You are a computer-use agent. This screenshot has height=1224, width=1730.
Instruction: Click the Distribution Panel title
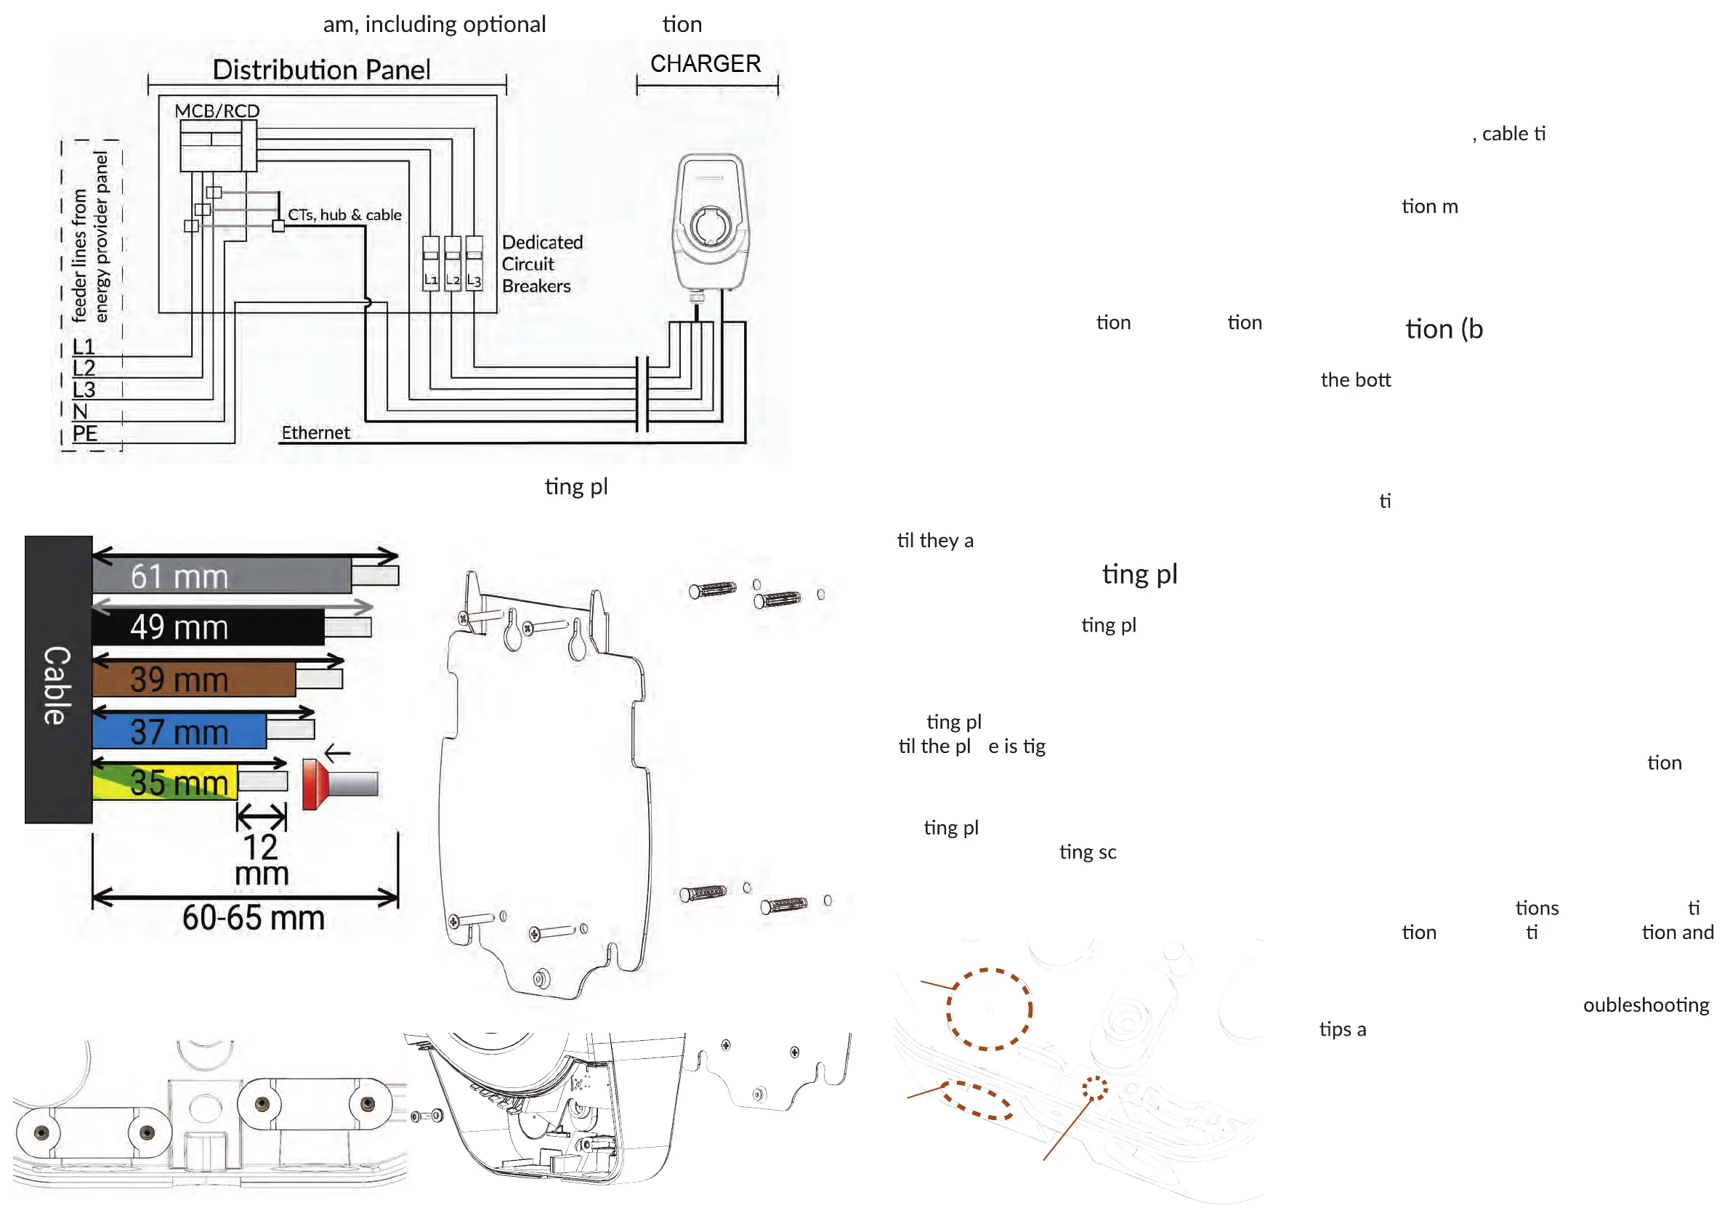321,69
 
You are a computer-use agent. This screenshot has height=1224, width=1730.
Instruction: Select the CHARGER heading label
706,64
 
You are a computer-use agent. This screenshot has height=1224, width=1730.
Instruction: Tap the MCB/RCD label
217,110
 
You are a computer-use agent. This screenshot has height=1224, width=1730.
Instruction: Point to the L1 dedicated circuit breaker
430,263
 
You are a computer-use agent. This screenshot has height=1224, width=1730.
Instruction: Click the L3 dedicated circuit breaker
474,263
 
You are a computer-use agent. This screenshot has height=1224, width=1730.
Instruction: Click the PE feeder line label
84,433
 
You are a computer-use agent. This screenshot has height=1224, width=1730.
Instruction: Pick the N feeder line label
80,411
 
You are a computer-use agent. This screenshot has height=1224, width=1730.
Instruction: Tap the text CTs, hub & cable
344,215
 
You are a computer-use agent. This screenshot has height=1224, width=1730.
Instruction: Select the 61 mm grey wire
221,576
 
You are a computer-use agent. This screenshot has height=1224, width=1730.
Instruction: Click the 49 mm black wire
207,627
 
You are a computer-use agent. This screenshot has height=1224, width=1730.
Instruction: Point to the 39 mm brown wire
194,680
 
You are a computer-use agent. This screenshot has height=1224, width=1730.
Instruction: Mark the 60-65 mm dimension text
253,918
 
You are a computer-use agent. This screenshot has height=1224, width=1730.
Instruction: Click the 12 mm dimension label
261,860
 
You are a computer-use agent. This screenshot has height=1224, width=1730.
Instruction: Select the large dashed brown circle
989,1009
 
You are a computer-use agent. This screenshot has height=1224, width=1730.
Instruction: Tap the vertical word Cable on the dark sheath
57,685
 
